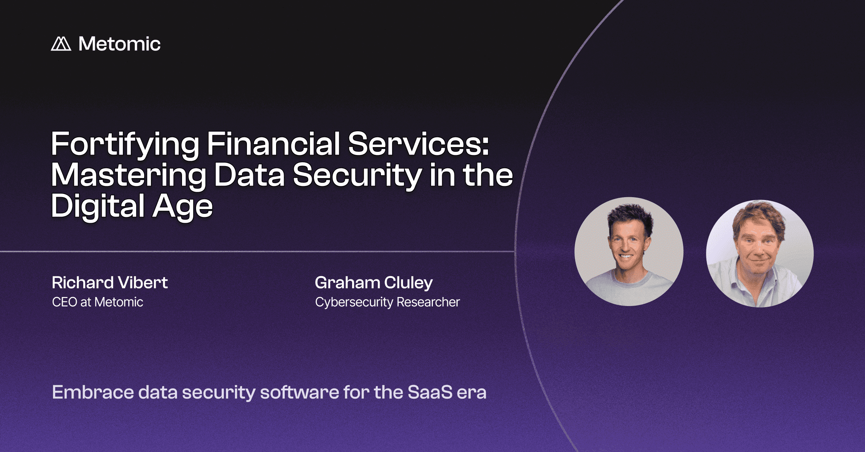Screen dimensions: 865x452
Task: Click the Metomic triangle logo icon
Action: tap(61, 44)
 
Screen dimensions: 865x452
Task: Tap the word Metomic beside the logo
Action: tap(119, 44)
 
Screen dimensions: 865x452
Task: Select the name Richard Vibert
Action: tap(110, 283)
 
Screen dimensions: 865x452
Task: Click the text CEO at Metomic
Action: tap(98, 302)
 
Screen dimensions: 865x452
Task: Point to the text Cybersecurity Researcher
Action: tap(387, 302)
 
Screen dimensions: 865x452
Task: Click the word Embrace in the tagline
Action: tap(93, 392)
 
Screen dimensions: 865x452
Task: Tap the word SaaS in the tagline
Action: tap(430, 392)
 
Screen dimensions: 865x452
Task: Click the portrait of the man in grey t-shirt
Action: tap(629, 252)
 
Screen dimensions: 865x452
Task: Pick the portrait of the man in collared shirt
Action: tap(760, 254)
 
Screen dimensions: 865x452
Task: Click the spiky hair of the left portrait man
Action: tap(630, 217)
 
